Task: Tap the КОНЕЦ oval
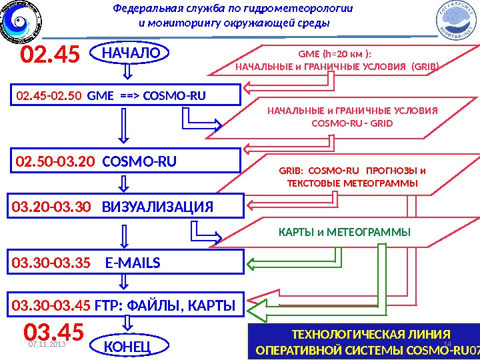coord(127,347)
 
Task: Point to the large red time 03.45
coord(54,332)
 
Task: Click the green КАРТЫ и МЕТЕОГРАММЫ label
coord(344,232)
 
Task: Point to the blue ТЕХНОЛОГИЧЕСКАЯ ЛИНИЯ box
coord(363,342)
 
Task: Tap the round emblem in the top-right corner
coord(457,20)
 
